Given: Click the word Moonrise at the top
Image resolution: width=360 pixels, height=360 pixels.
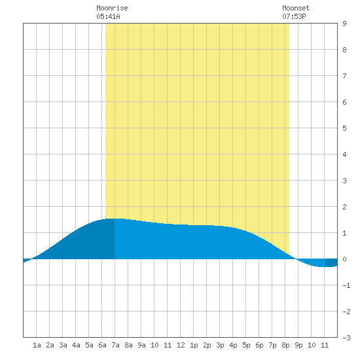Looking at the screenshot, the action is point(112,8).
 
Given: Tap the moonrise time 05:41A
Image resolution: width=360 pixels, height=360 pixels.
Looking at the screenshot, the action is point(108,16).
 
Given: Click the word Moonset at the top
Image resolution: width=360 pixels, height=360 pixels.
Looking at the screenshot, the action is point(296,8).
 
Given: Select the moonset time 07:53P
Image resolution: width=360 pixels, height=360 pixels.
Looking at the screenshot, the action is point(294,16).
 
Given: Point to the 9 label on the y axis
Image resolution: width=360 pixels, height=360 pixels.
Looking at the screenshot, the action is point(344,24).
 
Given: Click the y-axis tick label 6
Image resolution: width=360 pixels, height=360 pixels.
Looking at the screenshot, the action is point(344,102).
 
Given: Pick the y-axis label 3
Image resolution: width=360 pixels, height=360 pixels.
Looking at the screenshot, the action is point(344,181).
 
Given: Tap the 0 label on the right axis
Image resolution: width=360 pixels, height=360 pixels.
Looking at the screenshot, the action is point(344,259).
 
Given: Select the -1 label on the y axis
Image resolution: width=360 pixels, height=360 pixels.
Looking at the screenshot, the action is point(346,285).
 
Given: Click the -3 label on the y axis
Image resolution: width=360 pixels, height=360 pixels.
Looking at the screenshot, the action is point(346,338).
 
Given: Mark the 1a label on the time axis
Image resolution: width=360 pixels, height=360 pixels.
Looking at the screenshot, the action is point(37,345).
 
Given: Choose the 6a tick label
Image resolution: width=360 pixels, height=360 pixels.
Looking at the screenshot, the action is point(102,345).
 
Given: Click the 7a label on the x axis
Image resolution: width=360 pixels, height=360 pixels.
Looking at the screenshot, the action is point(115,345).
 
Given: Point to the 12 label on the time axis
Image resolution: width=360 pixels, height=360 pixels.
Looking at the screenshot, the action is point(181,345).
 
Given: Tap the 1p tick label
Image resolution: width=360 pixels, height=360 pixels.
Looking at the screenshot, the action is point(194,345).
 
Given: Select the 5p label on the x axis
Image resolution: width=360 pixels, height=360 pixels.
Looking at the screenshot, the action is point(246,345).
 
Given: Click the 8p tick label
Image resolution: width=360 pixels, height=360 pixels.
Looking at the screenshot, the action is point(285,345).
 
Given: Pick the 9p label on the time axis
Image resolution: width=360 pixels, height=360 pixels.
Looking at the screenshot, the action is point(298,345).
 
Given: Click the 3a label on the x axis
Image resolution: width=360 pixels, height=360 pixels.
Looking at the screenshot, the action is point(63,345).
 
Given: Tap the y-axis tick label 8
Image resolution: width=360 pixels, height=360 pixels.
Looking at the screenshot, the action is point(344,50).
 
